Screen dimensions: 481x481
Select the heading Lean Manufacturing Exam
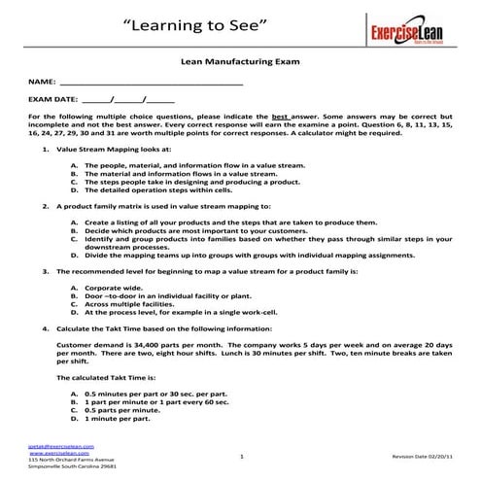pos(240,60)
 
